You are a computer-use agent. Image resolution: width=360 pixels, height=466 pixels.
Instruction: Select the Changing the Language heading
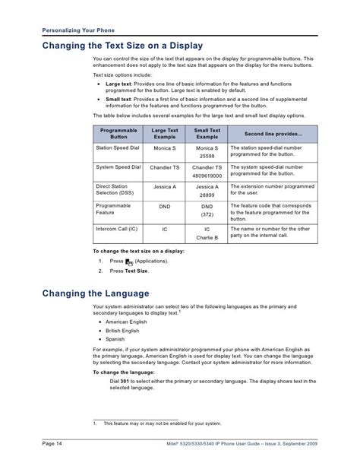(x=95, y=293)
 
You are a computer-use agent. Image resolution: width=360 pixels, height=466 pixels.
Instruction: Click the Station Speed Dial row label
(x=118, y=148)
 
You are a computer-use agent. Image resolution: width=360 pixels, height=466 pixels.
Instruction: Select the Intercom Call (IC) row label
(x=117, y=227)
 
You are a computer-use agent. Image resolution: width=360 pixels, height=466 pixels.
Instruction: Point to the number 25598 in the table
(x=207, y=156)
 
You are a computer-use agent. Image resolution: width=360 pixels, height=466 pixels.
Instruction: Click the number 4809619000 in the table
(x=207, y=174)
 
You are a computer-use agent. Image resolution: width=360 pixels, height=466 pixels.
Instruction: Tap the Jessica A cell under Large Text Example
(x=165, y=186)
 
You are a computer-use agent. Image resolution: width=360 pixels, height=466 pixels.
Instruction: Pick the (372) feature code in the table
(x=207, y=214)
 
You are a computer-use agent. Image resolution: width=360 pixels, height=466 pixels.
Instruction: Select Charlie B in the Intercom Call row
(x=207, y=236)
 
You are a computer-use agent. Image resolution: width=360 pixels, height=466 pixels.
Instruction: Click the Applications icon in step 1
(x=129, y=262)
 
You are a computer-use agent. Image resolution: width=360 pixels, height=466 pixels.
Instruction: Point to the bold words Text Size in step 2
(x=136, y=271)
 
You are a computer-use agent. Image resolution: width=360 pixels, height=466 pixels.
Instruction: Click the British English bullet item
(x=123, y=331)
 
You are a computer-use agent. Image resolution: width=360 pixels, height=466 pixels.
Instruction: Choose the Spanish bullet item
(x=115, y=340)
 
